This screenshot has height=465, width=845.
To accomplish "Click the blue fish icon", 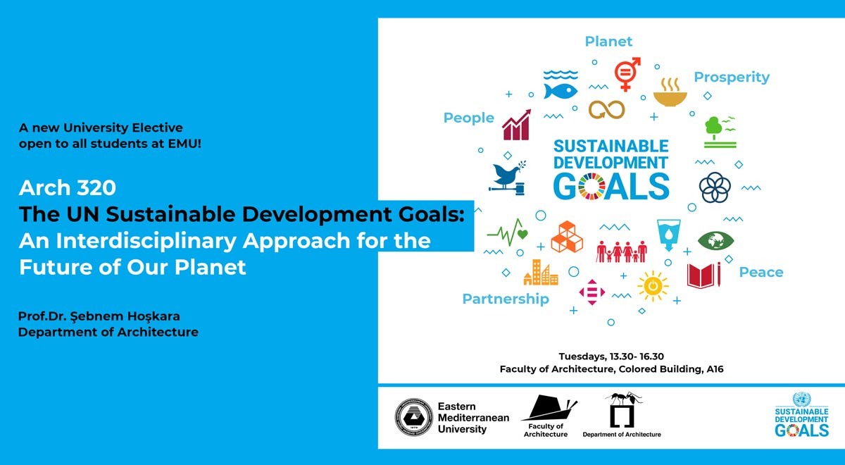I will (x=561, y=91).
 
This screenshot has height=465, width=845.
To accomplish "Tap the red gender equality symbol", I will (x=627, y=73).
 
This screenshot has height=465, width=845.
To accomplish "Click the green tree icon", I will (x=719, y=131).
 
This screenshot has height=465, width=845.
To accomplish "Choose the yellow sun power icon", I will (x=653, y=285).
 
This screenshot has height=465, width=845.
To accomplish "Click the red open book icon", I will (x=703, y=275).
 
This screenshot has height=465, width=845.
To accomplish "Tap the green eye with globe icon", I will (x=716, y=240).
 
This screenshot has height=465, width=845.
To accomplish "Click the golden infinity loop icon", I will (x=606, y=109).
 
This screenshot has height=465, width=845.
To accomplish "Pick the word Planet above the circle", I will (x=608, y=42).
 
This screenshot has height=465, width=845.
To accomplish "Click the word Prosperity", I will (x=732, y=77).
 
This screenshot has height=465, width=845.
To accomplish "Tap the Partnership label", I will (x=505, y=299).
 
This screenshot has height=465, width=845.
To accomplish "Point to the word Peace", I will (x=760, y=272).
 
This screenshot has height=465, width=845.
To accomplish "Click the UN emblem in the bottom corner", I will (x=801, y=399).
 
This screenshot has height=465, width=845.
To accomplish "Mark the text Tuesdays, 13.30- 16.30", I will (x=611, y=356).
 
